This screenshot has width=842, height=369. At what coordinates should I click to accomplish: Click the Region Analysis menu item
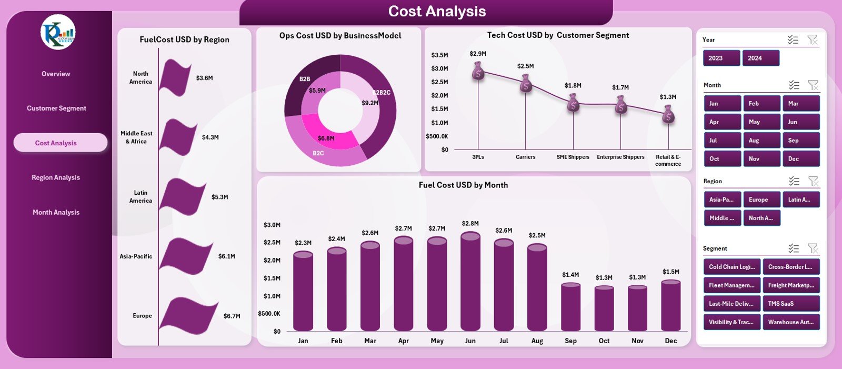click(x=56, y=177)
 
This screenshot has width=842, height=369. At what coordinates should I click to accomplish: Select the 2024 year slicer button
click(x=760, y=58)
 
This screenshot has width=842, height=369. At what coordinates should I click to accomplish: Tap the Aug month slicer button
click(x=761, y=141)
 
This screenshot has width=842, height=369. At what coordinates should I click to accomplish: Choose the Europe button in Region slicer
click(x=761, y=200)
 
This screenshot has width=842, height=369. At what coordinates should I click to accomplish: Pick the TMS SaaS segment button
click(x=790, y=304)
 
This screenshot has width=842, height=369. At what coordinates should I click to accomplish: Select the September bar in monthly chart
click(x=570, y=307)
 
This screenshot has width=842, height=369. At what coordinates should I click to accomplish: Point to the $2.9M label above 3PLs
click(x=478, y=54)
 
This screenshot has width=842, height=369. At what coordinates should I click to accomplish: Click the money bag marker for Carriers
click(x=525, y=83)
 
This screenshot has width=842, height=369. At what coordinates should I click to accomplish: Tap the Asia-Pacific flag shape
click(x=185, y=256)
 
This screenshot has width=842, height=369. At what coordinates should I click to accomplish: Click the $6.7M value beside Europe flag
click(x=232, y=316)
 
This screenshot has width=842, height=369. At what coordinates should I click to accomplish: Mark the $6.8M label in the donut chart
click(x=326, y=138)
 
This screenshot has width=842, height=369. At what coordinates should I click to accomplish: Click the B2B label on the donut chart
click(x=305, y=79)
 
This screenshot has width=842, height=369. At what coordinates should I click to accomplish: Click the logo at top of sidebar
click(x=58, y=33)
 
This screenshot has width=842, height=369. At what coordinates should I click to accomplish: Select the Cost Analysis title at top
click(x=437, y=12)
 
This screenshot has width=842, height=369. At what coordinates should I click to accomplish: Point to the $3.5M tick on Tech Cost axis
click(x=439, y=55)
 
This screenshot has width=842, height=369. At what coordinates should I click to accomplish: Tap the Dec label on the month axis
click(x=670, y=341)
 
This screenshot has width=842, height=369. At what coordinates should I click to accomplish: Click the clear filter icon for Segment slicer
click(x=813, y=248)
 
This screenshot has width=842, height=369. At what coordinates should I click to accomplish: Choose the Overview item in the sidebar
click(x=56, y=74)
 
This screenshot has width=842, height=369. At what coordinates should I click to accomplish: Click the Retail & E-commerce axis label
click(x=668, y=161)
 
